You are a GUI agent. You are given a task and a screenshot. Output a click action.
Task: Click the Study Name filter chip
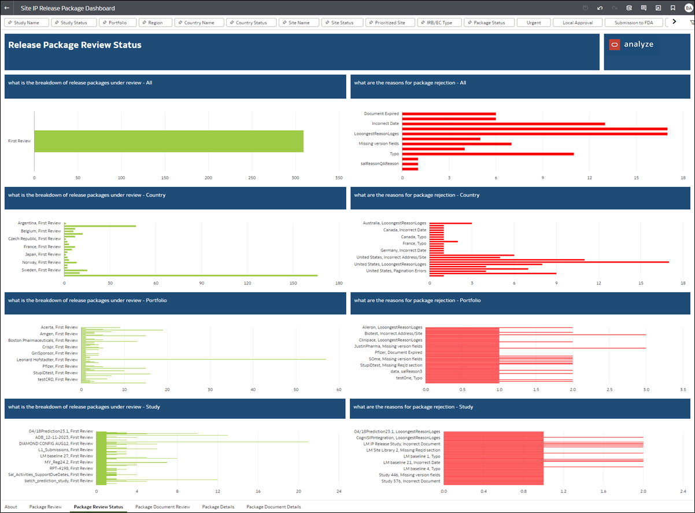(27, 23)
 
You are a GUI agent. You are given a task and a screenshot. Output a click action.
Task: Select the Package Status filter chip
(489, 23)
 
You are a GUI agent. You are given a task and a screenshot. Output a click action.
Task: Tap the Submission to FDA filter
(634, 23)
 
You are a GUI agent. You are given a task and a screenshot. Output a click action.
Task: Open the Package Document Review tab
(162, 507)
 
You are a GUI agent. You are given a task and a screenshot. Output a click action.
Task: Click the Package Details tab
(218, 507)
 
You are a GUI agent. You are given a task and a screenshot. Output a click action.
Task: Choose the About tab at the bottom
(11, 507)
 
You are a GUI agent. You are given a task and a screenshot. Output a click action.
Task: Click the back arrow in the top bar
(7, 8)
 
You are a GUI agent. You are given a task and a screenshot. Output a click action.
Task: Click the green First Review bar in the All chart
(168, 141)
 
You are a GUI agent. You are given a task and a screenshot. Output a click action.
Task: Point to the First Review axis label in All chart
(20, 141)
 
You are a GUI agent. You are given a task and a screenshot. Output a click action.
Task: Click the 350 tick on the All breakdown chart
(339, 178)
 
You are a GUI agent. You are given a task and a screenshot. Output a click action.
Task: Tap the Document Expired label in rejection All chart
(381, 114)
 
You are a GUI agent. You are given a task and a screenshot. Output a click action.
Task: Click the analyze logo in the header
(632, 45)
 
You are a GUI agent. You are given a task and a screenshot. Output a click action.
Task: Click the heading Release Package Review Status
(75, 45)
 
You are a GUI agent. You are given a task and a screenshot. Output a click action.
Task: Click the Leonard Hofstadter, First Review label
(47, 360)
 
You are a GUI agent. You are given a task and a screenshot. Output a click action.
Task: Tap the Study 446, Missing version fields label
(409, 475)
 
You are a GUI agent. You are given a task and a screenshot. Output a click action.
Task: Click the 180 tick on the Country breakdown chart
(339, 283)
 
